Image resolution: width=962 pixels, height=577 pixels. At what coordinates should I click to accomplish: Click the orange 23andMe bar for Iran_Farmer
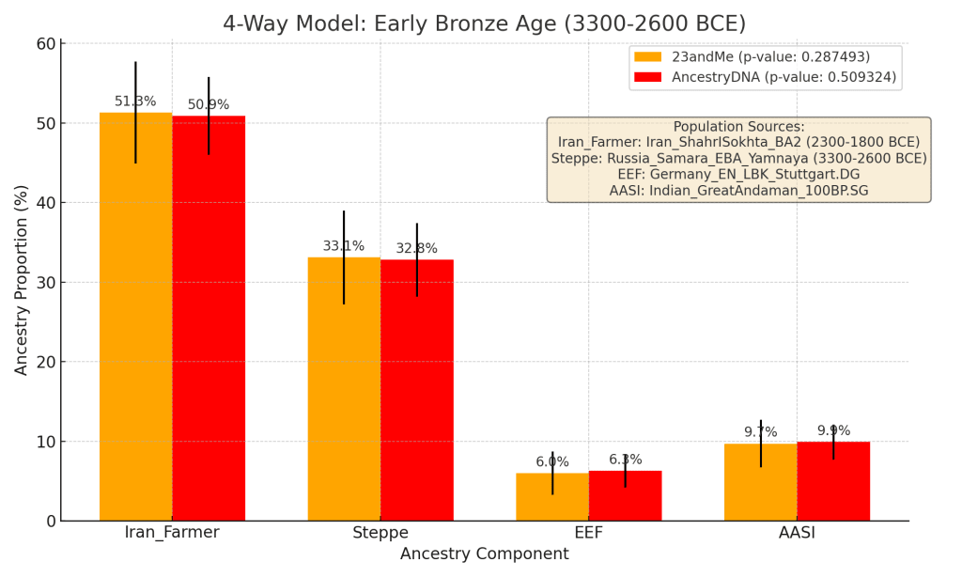[135, 320]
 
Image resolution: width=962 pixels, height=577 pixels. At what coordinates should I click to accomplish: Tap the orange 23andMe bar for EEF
[552, 498]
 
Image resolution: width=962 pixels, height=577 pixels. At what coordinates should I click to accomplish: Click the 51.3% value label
[135, 101]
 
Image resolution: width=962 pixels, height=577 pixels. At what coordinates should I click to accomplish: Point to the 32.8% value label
[416, 249]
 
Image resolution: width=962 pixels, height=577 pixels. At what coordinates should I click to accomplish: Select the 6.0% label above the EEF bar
[552, 461]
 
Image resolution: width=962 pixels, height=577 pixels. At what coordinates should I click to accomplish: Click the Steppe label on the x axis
[380, 533]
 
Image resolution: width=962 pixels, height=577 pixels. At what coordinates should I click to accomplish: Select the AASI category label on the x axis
[797, 533]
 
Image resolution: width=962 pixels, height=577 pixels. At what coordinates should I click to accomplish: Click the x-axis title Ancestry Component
[484, 554]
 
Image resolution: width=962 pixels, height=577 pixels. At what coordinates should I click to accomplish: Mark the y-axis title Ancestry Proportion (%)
[22, 280]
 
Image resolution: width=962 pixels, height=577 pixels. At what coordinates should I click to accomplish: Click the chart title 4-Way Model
[484, 23]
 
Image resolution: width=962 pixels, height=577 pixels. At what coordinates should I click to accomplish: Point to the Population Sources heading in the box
[738, 127]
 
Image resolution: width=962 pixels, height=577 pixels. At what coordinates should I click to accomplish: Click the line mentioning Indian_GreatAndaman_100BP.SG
[738, 190]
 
